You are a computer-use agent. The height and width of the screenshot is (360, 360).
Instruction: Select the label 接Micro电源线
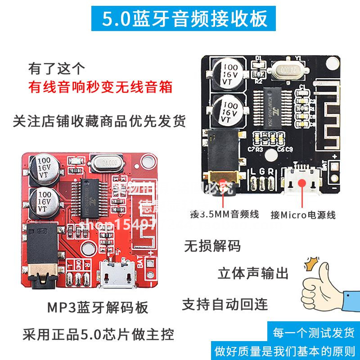point(303,215)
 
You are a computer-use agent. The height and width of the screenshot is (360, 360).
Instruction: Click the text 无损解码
point(212,246)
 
